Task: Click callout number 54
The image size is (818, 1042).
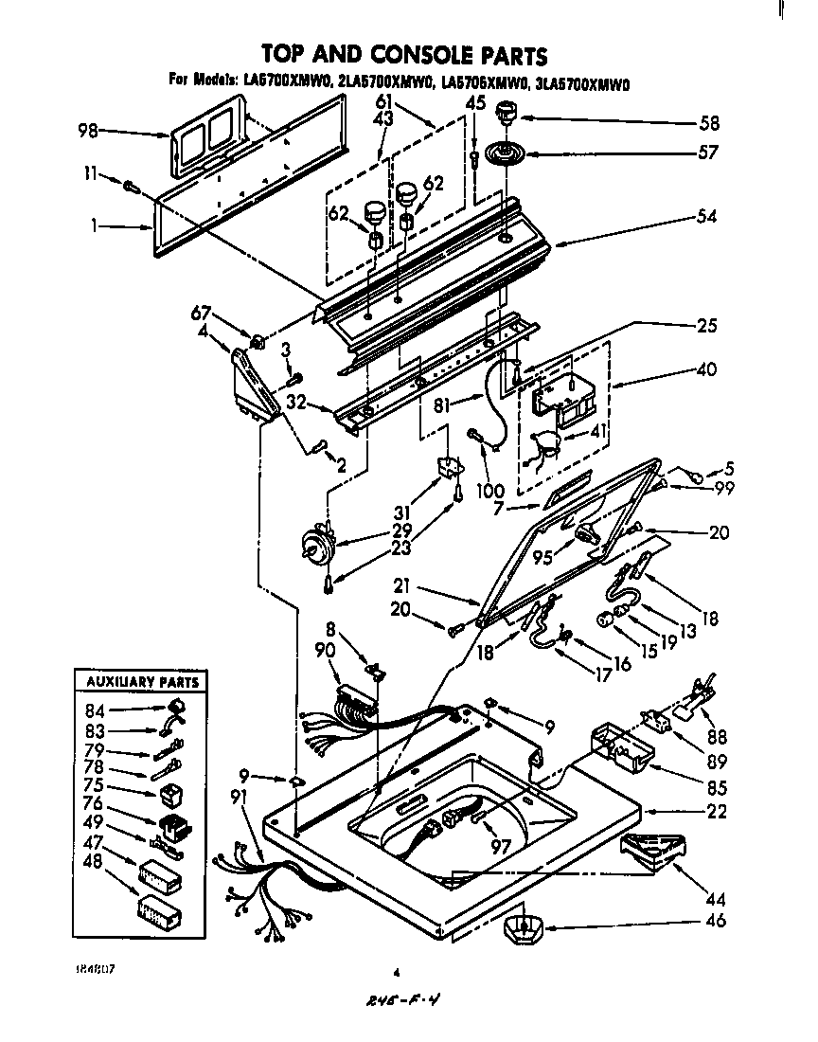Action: (705, 216)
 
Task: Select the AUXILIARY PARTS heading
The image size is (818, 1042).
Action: (141, 681)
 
